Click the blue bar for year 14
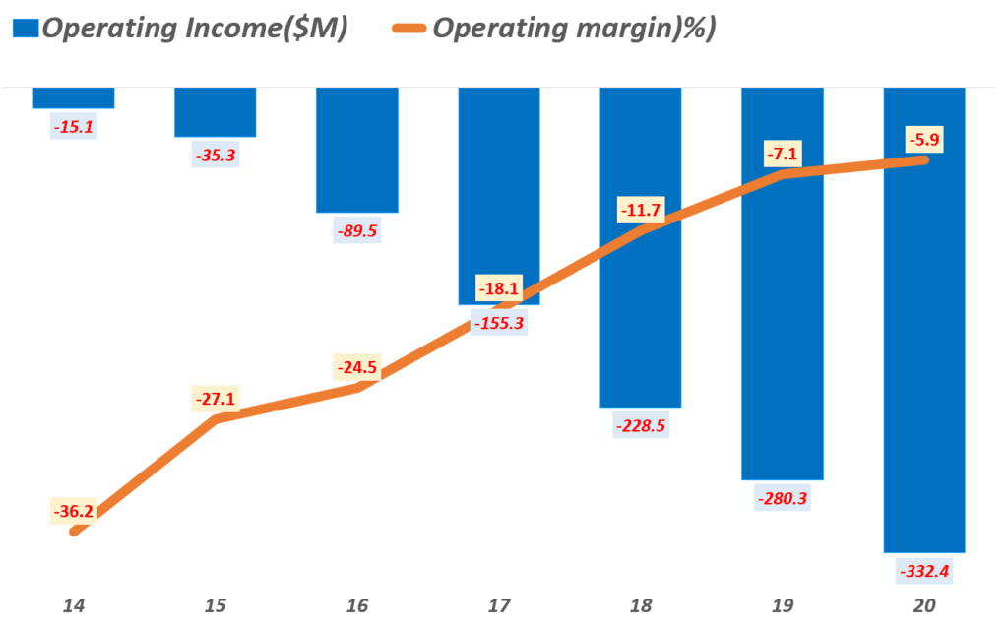[x=74, y=97]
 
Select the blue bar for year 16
[x=356, y=150]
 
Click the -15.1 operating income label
[x=75, y=127]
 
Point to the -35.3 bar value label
[x=216, y=156]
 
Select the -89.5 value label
[x=357, y=232]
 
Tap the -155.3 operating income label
[x=498, y=324]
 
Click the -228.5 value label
[x=640, y=427]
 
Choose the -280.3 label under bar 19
[x=782, y=499]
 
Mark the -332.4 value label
[x=923, y=571]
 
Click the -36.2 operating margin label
[x=75, y=512]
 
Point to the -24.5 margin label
[x=357, y=369]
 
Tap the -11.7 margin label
[x=640, y=210]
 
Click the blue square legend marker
[x=26, y=29]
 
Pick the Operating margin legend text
[x=573, y=29]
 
